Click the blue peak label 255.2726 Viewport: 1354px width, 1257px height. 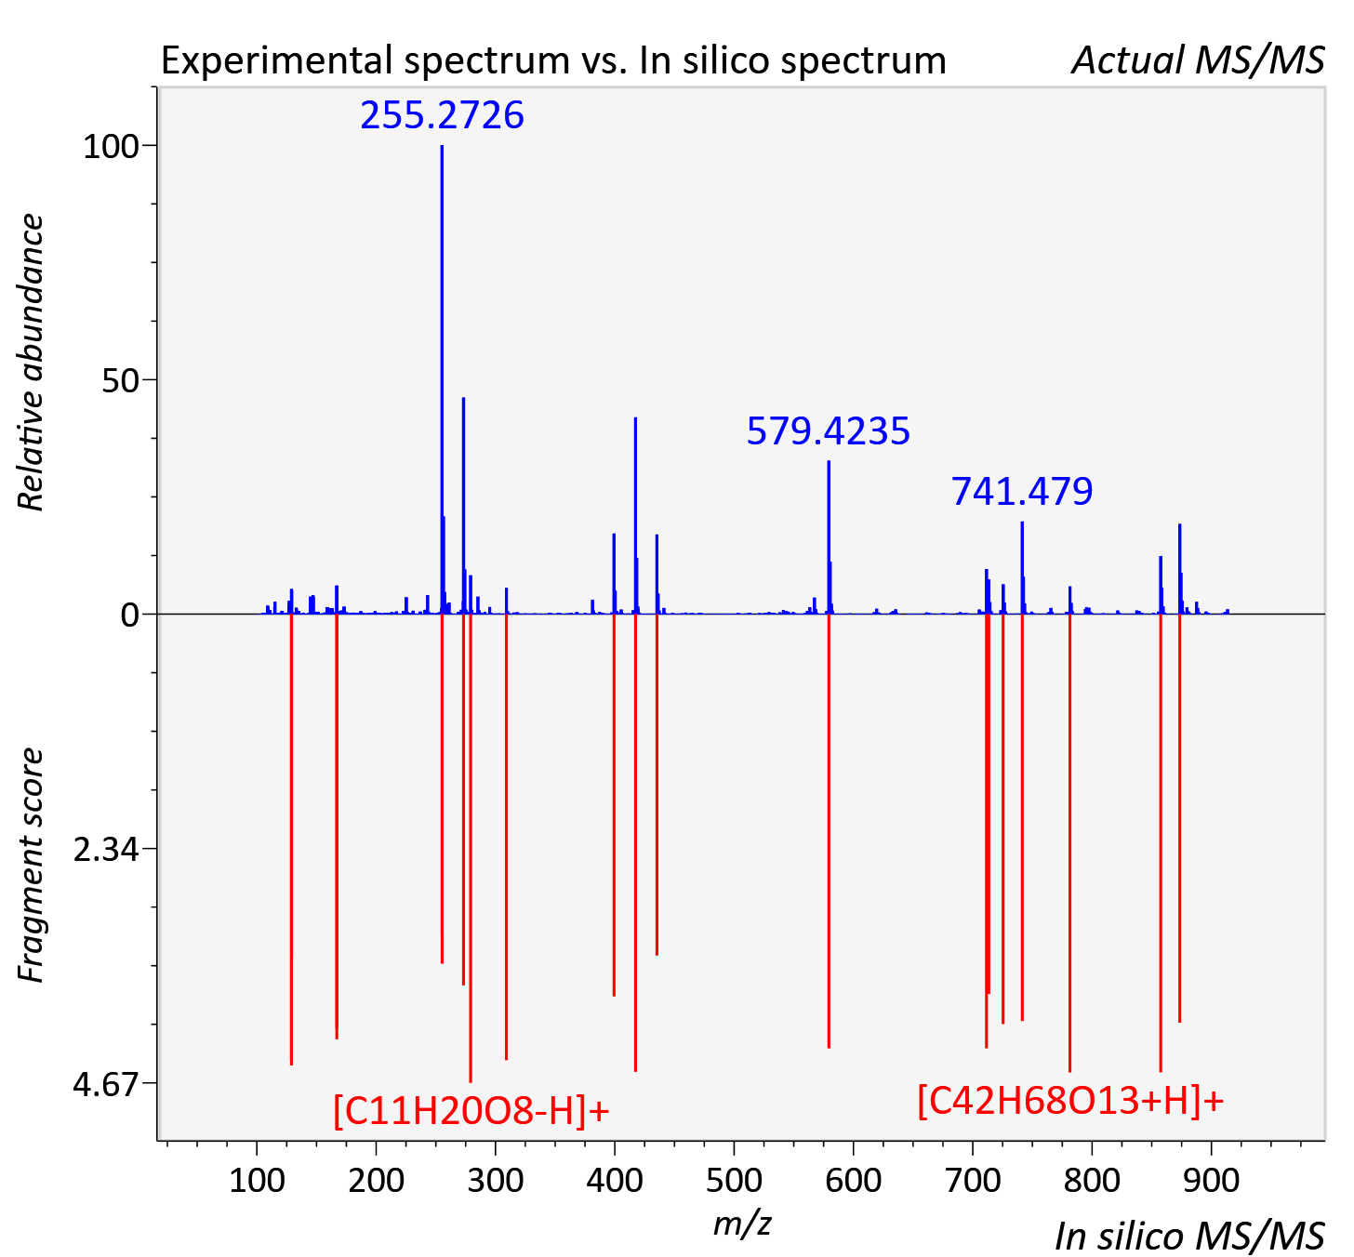[x=442, y=114]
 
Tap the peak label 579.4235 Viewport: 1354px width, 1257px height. [x=829, y=430]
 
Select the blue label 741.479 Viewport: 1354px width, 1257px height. [x=1022, y=491]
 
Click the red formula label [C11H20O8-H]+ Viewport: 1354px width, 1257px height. [x=471, y=996]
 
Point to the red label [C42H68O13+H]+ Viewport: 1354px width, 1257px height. [x=1070, y=985]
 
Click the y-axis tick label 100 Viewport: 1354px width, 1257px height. [x=111, y=147]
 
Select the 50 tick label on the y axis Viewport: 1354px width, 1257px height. [x=120, y=381]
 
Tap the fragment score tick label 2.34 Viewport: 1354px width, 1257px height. [x=106, y=850]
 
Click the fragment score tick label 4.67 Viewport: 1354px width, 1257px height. [x=106, y=1085]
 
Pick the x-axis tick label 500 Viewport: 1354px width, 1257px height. [x=734, y=1181]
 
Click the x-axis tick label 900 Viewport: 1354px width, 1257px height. [x=1211, y=1181]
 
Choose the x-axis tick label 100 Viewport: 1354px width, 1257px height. [x=257, y=1181]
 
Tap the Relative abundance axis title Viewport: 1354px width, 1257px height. [x=31, y=362]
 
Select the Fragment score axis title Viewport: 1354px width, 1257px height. [x=31, y=865]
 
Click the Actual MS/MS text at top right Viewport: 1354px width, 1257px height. [x=1198, y=60]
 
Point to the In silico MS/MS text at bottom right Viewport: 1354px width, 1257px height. [x=1189, y=1236]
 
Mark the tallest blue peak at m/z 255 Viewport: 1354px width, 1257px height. [x=442, y=379]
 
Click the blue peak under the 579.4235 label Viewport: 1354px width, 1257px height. [x=829, y=537]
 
